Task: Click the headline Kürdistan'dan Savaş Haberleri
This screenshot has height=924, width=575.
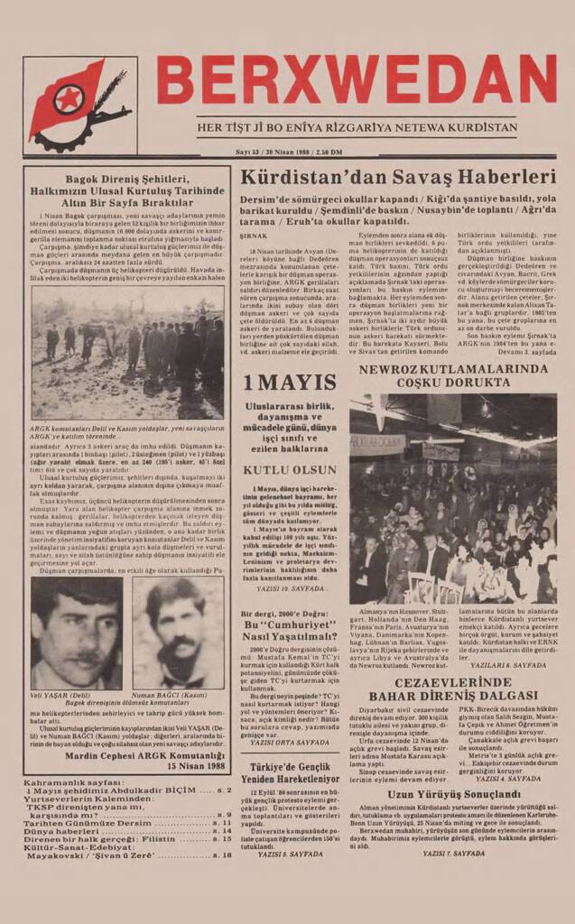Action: point(397,178)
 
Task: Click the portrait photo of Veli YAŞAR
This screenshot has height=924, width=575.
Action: point(77,633)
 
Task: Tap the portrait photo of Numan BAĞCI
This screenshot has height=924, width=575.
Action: point(179,633)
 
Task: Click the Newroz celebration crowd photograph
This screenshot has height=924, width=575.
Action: point(453,498)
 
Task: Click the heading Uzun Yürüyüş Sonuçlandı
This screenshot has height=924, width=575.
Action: point(451,795)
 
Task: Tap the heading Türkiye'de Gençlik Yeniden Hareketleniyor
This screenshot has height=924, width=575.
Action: point(288,772)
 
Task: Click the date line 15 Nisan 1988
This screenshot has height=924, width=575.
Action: point(195,766)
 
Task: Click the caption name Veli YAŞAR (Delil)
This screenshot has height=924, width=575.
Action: point(60,696)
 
